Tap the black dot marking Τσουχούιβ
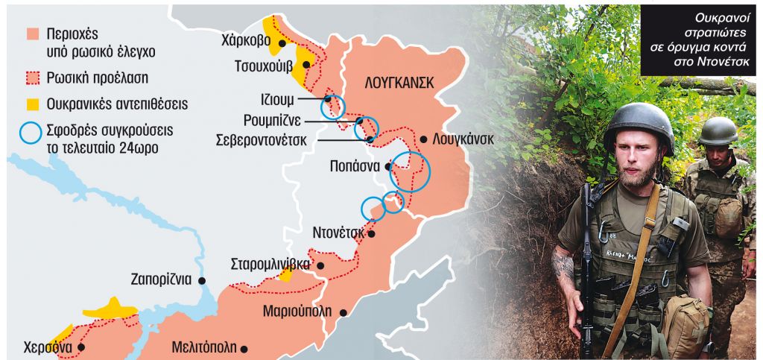(306, 64)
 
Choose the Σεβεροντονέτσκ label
(265, 139)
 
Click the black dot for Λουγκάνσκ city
(423, 139)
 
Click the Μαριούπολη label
(297, 312)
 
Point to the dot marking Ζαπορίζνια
(202, 280)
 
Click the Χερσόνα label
(47, 347)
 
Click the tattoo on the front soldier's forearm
(564, 265)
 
